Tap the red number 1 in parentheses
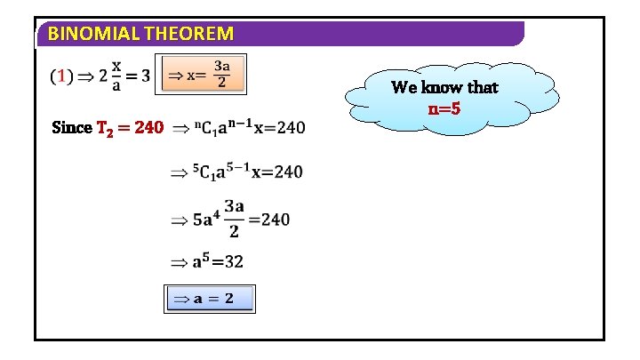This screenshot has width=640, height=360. [60, 76]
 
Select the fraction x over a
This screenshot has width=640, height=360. [116, 76]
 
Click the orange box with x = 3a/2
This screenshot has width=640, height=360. [201, 75]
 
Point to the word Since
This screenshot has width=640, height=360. [72, 128]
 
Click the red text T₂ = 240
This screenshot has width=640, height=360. [130, 128]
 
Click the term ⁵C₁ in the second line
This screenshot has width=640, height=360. [204, 172]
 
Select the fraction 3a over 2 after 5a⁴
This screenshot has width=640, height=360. [234, 218]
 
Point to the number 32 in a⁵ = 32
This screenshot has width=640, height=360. [234, 262]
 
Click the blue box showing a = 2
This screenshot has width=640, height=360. [211, 299]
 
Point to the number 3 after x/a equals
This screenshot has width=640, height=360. [145, 76]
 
